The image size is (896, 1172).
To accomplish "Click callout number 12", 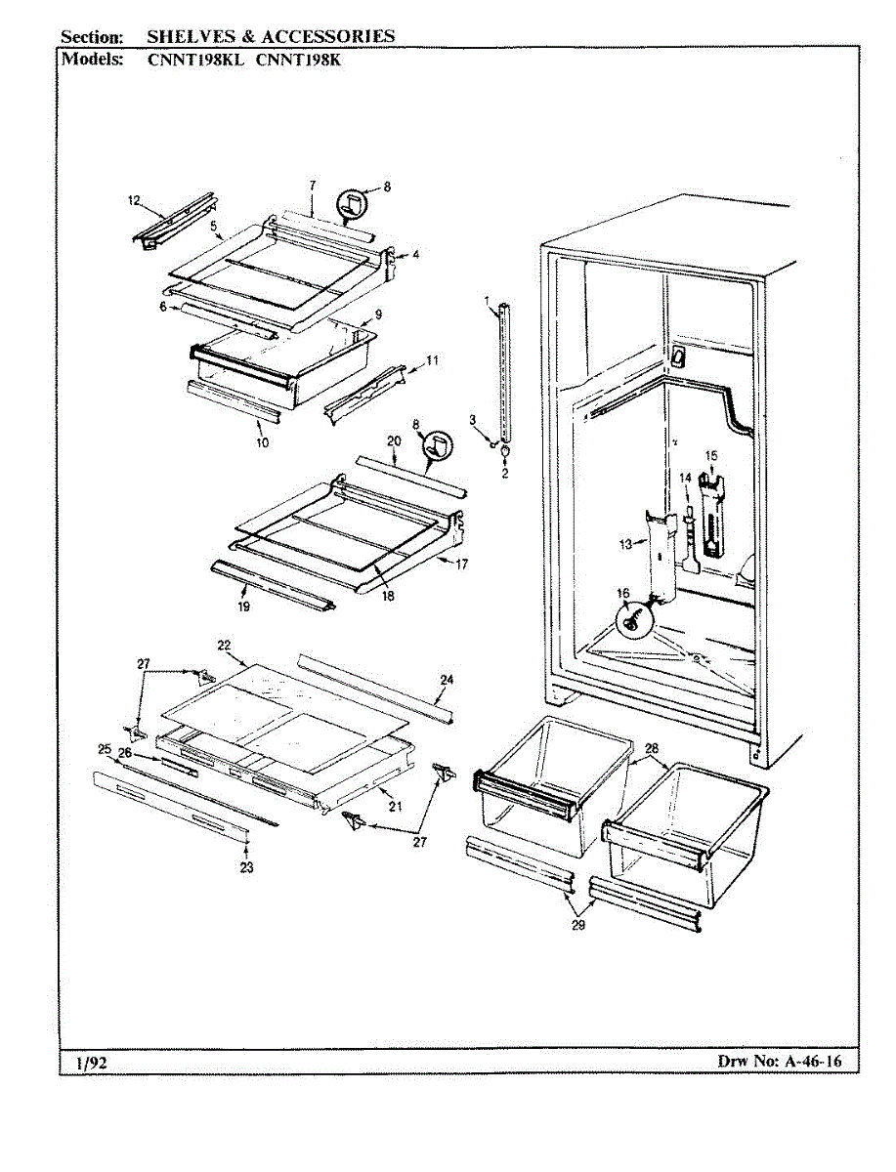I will (x=134, y=201).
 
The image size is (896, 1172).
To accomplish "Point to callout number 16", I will (x=622, y=593).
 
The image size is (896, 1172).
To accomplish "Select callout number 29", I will (x=578, y=926).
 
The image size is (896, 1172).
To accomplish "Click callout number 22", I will (x=224, y=646).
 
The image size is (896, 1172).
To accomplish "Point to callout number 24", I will (x=447, y=680).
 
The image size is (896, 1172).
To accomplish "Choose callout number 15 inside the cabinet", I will (x=711, y=455).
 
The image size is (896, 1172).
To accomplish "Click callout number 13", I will (x=624, y=543).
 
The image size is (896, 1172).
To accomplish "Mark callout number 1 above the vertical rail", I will (x=487, y=297).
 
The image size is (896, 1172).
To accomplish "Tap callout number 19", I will (x=243, y=606).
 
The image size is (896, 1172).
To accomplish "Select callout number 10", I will (x=263, y=441).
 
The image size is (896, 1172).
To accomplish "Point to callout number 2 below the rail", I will (x=505, y=474).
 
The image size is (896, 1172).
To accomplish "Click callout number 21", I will (x=396, y=807).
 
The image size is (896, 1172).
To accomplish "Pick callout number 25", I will (x=104, y=748).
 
